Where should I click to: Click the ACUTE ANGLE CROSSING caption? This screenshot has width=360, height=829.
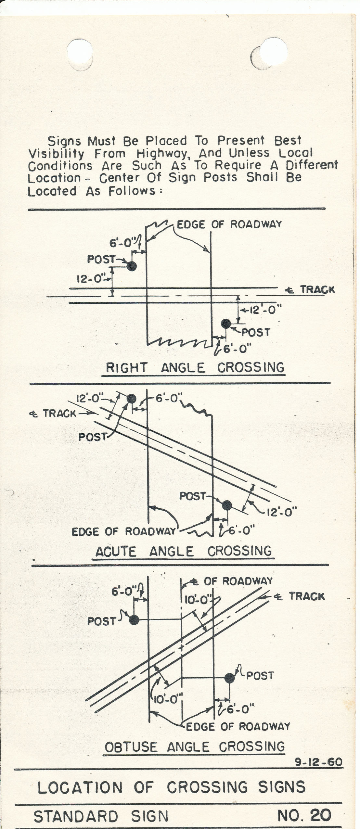click(183, 551)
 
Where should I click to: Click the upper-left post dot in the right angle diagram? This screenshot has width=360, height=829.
click(132, 266)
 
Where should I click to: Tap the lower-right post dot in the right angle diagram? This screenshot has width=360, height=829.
click(226, 324)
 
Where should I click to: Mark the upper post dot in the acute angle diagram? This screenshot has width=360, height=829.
click(131, 399)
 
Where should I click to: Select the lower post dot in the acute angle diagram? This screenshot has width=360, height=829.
click(227, 505)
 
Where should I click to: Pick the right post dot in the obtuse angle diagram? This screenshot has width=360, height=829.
click(229, 678)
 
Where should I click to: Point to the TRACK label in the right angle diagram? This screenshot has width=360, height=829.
click(317, 289)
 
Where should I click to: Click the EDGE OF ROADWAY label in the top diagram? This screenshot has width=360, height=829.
click(229, 224)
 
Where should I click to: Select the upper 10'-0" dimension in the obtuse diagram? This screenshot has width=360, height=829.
click(198, 600)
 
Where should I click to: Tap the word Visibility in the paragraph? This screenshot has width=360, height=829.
click(56, 154)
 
